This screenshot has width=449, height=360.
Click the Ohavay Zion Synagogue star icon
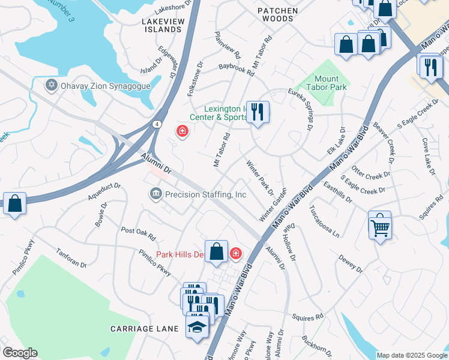[x=52, y=85]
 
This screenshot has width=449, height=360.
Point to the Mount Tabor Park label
[x=330, y=83]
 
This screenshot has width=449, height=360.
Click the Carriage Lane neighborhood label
[x=145, y=329]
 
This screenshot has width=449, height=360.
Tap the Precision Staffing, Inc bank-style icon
[x=155, y=194]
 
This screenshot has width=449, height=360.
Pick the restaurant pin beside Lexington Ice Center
[x=258, y=112]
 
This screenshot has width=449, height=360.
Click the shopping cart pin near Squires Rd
[x=379, y=226]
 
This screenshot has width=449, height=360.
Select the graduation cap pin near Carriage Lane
[x=197, y=327]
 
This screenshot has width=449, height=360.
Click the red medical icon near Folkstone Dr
[x=181, y=130]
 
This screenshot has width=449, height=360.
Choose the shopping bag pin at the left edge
[x=14, y=203]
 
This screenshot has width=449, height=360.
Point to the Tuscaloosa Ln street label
[x=325, y=223]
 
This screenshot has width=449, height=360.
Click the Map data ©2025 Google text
[x=412, y=355]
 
